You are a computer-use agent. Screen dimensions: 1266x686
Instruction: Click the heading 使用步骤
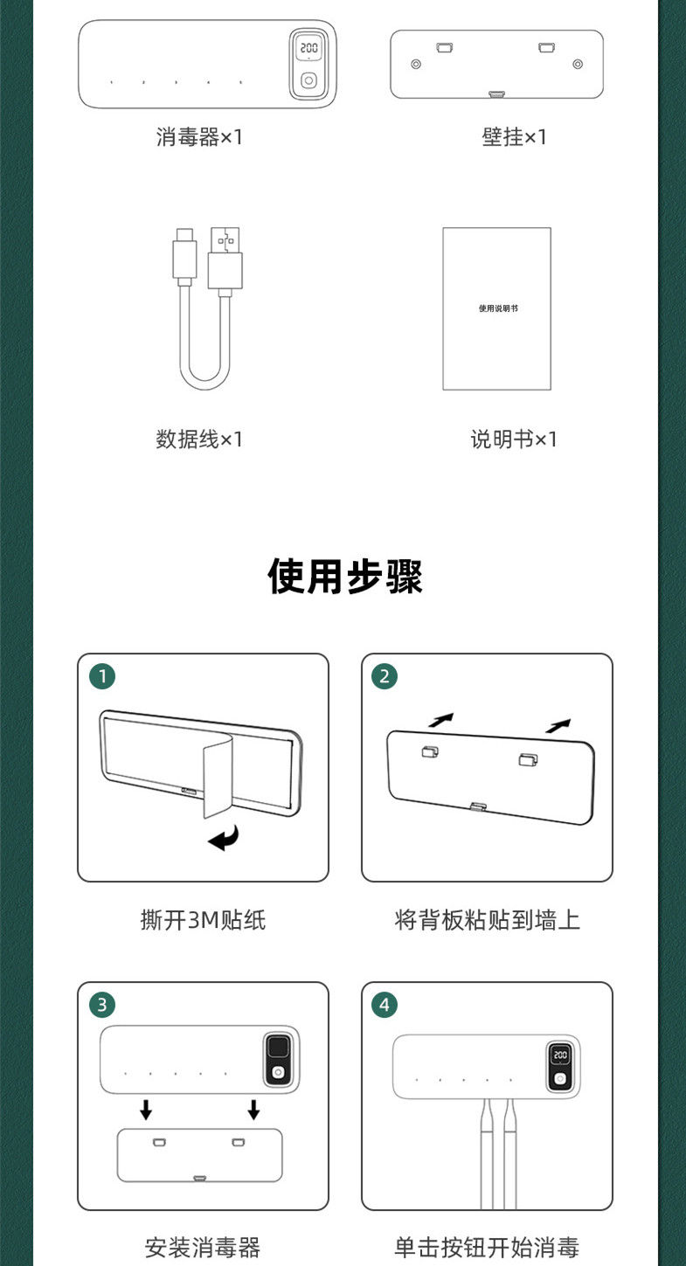pyautogui.click(x=345, y=578)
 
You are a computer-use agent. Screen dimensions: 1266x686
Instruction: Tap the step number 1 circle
pyautogui.click(x=102, y=676)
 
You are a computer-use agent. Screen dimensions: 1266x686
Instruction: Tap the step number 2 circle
pyautogui.click(x=384, y=676)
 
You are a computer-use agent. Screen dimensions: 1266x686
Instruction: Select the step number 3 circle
pyautogui.click(x=102, y=1005)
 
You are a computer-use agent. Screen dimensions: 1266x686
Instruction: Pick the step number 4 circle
pyautogui.click(x=384, y=1005)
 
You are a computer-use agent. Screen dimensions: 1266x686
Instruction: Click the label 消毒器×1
pyautogui.click(x=199, y=137)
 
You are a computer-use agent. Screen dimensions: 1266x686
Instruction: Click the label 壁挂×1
pyautogui.click(x=514, y=137)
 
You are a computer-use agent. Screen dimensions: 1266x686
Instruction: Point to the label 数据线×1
pyautogui.click(x=199, y=439)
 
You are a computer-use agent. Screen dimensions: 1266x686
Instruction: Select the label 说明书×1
pyautogui.click(x=514, y=439)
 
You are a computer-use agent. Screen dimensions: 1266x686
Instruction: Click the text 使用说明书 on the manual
pyautogui.click(x=497, y=308)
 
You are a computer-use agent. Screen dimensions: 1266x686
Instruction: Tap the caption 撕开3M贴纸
pyautogui.click(x=203, y=920)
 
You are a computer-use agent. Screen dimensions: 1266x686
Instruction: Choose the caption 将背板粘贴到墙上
pyautogui.click(x=487, y=920)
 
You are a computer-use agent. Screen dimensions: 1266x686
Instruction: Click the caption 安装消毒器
pyautogui.click(x=203, y=1247)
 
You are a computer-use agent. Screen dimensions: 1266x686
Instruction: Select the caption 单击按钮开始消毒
pyautogui.click(x=487, y=1247)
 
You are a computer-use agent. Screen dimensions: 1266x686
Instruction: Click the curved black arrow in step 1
pyautogui.click(x=224, y=841)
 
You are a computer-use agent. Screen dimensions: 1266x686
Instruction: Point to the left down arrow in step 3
pyautogui.click(x=146, y=1110)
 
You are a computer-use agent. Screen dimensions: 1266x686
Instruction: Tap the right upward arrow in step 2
pyautogui.click(x=558, y=724)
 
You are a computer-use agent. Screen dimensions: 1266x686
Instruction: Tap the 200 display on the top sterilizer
pyautogui.click(x=308, y=49)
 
